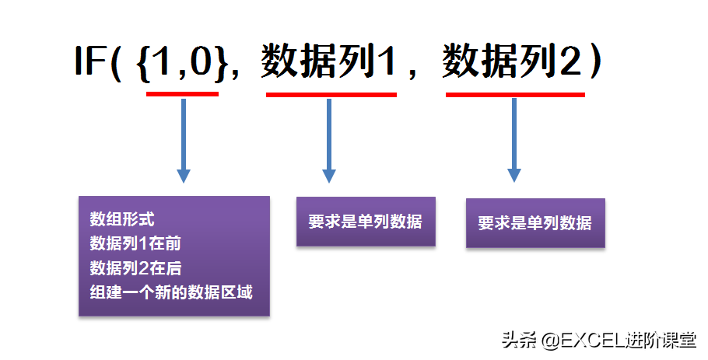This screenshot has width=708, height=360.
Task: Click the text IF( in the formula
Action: click(x=98, y=61)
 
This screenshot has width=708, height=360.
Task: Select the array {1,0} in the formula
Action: click(x=181, y=61)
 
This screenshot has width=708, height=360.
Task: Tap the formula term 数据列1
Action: click(x=328, y=61)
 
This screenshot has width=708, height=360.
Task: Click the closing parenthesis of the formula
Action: click(x=596, y=61)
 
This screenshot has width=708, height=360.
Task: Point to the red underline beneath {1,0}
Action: click(x=182, y=94)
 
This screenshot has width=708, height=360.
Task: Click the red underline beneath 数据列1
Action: click(x=331, y=95)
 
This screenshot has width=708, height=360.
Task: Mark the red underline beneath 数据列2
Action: click(x=515, y=95)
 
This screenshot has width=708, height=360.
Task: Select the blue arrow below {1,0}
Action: click(x=184, y=141)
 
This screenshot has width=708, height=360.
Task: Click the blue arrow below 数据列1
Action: click(x=328, y=141)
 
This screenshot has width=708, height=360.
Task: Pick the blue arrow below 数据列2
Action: click(x=514, y=140)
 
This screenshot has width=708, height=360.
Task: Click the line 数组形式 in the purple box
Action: click(x=122, y=219)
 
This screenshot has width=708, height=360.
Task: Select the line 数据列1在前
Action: click(x=135, y=243)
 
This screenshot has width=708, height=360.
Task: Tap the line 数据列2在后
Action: click(x=135, y=268)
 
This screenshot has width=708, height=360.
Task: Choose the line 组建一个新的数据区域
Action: click(x=171, y=292)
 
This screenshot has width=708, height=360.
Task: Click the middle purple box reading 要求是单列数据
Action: click(x=366, y=222)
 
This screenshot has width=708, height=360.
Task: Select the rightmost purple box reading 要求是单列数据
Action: click(x=535, y=223)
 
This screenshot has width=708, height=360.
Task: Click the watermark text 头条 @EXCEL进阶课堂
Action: click(x=599, y=340)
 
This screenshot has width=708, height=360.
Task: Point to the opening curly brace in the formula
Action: click(x=143, y=63)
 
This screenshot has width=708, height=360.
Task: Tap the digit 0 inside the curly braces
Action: click(x=201, y=61)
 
